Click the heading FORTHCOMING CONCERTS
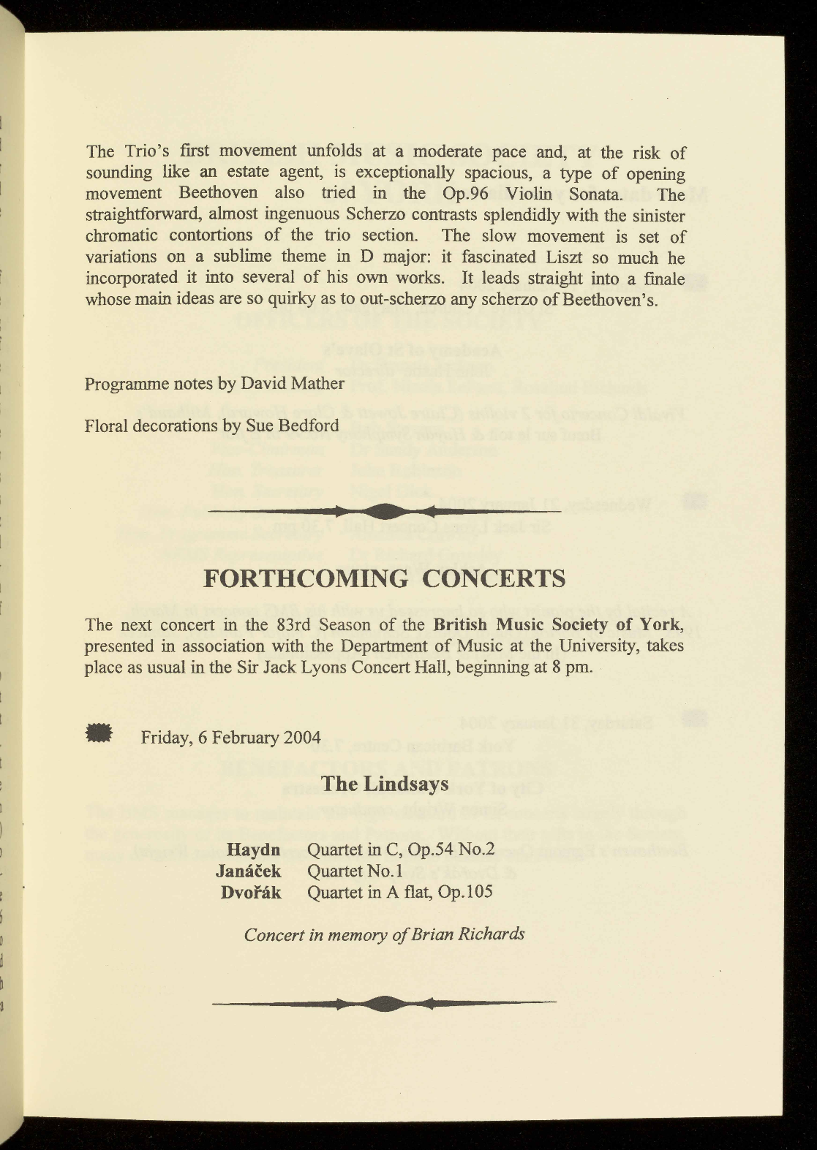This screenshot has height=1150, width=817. tap(384, 578)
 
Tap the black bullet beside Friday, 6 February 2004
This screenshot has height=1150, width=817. tap(98, 733)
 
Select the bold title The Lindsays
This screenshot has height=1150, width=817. tap(385, 784)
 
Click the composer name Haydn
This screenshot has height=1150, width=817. tap(254, 850)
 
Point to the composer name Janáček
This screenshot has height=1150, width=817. tap(249, 871)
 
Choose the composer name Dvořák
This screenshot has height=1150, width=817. tap(251, 892)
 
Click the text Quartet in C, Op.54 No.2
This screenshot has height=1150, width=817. tap(402, 850)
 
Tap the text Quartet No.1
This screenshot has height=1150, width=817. tap(357, 871)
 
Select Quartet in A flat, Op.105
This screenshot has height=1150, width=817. tap(400, 892)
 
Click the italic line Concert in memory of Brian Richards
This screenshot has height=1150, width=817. tap(384, 934)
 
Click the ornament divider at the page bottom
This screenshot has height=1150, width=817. tap(384, 1003)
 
